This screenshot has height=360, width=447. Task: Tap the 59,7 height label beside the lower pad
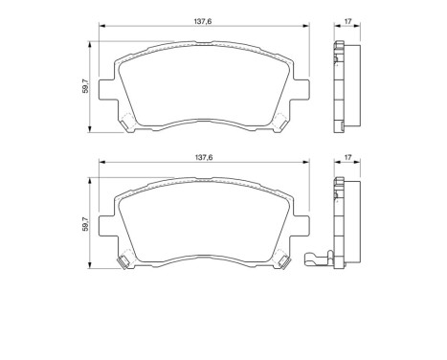click(x=84, y=225)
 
